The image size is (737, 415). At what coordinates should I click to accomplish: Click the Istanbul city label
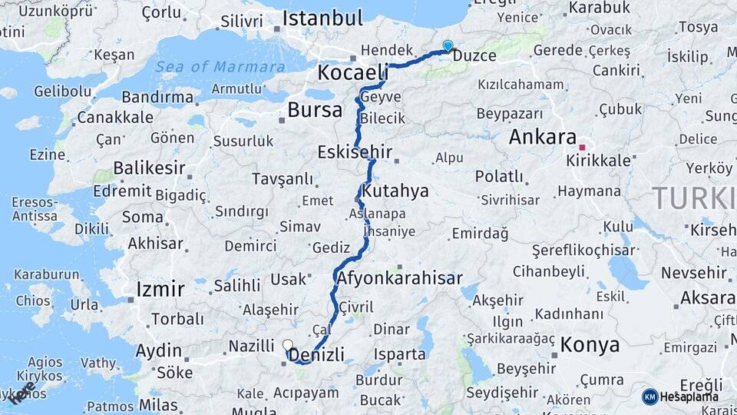click(x=322, y=18)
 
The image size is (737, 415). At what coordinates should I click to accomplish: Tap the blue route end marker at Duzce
click(x=448, y=46)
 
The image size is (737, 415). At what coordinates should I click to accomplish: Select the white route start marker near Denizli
click(x=287, y=345)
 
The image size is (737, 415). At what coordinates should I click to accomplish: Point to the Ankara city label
click(x=543, y=138)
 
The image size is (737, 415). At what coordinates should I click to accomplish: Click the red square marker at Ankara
click(x=583, y=147)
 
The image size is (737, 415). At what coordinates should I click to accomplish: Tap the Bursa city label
click(x=315, y=110)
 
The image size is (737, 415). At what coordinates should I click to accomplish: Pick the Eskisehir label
click(x=355, y=152)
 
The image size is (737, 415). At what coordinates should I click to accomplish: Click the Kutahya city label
click(x=395, y=190)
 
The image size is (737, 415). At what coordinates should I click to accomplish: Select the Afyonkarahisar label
click(x=398, y=278)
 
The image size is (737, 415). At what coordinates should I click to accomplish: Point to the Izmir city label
click(x=160, y=289)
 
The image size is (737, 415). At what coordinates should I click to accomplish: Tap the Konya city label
click(x=590, y=344)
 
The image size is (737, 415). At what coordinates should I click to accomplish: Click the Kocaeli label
click(x=353, y=74)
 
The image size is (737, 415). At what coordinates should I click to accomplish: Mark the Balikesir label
click(x=149, y=168)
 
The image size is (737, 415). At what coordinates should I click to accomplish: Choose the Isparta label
click(x=399, y=354)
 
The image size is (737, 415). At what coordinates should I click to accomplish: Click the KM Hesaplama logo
click(x=680, y=397)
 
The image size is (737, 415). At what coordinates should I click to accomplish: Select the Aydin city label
click(x=158, y=351)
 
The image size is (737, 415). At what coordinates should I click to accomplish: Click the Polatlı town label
click(x=498, y=176)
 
